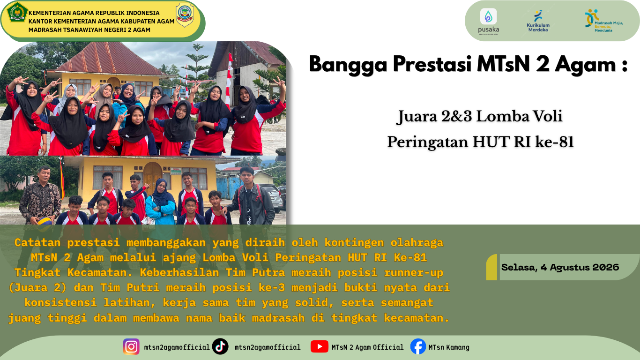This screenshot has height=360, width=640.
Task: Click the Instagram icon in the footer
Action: pos(131,346)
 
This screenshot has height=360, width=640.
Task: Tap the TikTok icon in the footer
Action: pos(220,346)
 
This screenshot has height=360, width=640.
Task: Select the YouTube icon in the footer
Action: pos(319,346)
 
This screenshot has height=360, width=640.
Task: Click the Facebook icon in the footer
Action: pos(418,346)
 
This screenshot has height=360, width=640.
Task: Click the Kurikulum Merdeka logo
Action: pos(538,21)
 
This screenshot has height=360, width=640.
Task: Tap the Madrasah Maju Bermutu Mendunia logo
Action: pos(603,21)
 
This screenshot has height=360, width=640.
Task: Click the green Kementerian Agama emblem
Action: pos(17,12)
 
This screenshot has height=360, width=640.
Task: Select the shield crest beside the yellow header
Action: pos(185,15)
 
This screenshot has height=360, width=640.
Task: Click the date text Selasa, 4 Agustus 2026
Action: pos(560,267)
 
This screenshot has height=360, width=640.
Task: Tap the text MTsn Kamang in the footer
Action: pos(449,347)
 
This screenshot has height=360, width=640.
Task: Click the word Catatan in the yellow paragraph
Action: pos(37,243)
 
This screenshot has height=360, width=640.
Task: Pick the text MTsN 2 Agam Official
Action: pos(367,347)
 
